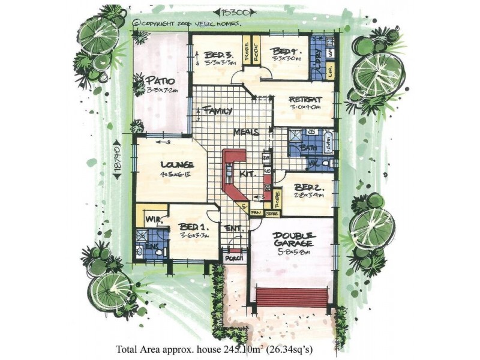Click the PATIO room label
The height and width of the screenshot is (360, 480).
click(x=160, y=80)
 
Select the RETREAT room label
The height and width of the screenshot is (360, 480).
click(x=306, y=99)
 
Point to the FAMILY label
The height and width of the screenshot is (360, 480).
click(x=217, y=111)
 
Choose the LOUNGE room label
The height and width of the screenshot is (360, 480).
click(x=176, y=164)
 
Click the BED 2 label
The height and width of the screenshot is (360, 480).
click(x=310, y=187)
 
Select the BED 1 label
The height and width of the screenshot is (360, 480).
click(x=193, y=228)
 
